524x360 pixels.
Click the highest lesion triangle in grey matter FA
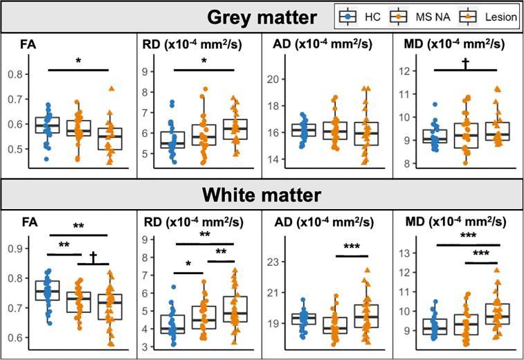click(x=110, y=89)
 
